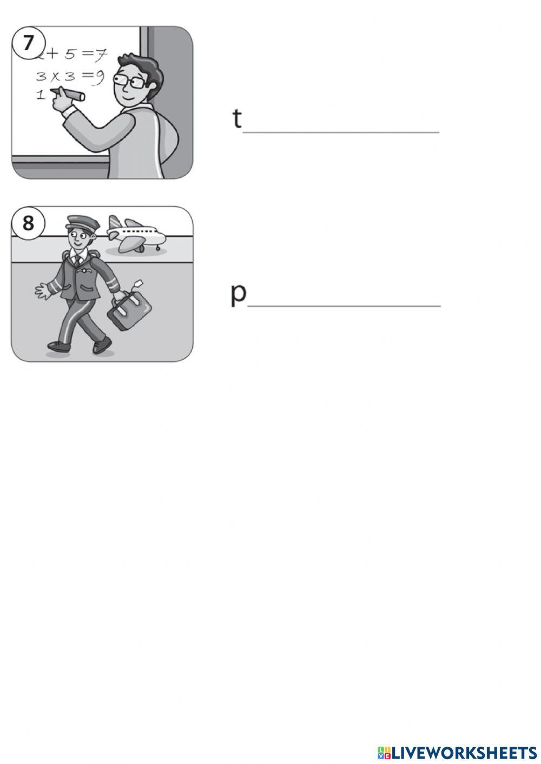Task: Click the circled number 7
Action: pos(28,44)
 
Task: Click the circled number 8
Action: pos(28,223)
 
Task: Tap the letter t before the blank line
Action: pos(237,118)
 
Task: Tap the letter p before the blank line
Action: pos(238,295)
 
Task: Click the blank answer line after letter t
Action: pos(341,132)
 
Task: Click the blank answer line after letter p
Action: pos(344,306)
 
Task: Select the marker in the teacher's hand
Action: pos(68,94)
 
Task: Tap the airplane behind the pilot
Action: pos(136,234)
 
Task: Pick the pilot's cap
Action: pos(83,223)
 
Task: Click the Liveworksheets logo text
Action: pos(457,753)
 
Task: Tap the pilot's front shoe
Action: pos(102,347)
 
